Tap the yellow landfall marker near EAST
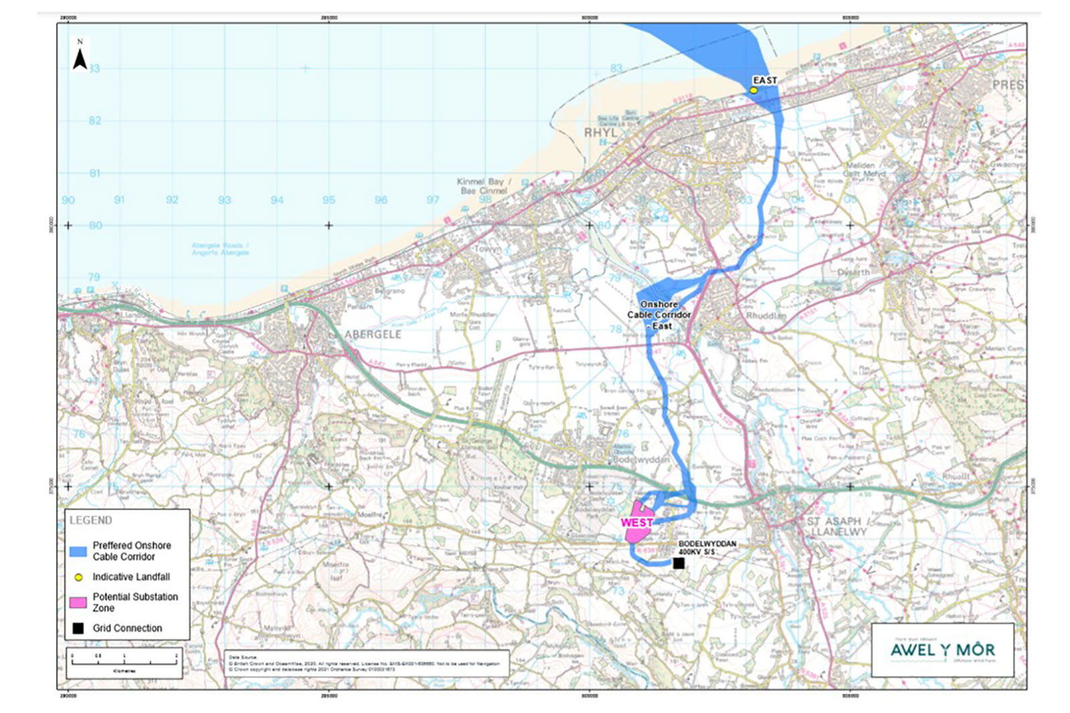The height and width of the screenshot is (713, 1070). pos(754,90)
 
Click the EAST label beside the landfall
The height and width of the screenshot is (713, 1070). pos(765,80)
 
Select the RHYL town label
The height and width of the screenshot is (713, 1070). pos(601,133)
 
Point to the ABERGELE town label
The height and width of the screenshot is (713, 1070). pos(372,334)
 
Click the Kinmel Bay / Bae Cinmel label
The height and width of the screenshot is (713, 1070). pos(484,186)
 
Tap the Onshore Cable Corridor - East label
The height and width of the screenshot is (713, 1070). pos(659,315)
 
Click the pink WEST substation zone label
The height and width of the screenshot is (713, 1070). pos(637,522)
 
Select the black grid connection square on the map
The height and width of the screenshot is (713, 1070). pos(678,564)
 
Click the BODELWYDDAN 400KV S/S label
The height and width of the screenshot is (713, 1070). pos(707,548)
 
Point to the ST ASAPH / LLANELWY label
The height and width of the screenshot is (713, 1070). pos(837,526)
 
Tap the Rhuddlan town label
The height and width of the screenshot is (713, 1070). pos(766,316)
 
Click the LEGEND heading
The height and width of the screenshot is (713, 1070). pos(91,520)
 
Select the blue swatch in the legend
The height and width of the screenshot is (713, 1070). pos(78,552)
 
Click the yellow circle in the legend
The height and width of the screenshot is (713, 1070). pos(78,577)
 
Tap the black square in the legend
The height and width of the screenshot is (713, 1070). pos(78,629)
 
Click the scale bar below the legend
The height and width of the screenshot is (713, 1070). pos(124,660)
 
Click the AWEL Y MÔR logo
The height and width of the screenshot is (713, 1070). pos(942,650)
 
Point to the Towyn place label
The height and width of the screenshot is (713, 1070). pos(487,249)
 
